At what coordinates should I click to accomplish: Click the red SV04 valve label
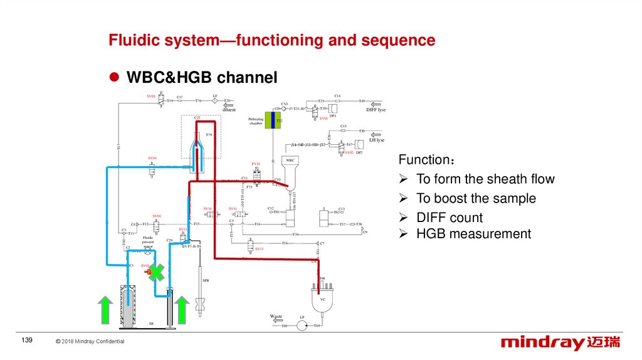(x=152, y=157)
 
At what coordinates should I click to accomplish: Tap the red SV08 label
(x=151, y=96)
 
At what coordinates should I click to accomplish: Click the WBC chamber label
(x=290, y=161)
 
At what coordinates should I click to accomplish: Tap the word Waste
(x=276, y=316)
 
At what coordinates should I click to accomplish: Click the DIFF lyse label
(x=376, y=110)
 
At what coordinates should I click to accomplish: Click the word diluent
(x=228, y=110)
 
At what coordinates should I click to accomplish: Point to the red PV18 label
(x=256, y=164)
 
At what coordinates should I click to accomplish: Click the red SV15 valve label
(x=259, y=249)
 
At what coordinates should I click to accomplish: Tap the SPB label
(x=205, y=280)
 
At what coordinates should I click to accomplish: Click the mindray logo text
(x=542, y=342)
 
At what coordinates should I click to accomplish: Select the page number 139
(x=26, y=340)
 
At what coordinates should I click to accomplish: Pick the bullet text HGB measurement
(x=473, y=234)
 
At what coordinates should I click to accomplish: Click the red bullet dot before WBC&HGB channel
(x=114, y=77)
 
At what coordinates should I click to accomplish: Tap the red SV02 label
(x=349, y=153)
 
